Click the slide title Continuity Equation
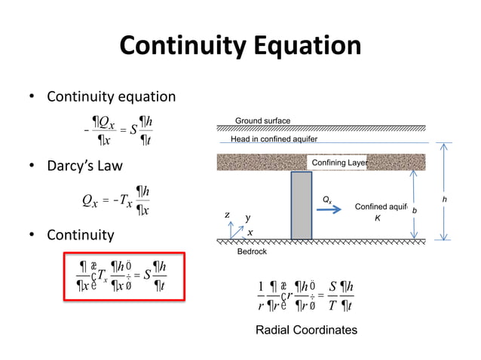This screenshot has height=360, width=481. [240, 47]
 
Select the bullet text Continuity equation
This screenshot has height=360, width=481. [111, 97]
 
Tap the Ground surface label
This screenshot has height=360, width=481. [262, 121]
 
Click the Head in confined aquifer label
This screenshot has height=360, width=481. [274, 139]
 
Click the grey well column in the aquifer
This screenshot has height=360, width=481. [301, 206]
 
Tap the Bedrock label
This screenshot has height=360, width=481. [252, 252]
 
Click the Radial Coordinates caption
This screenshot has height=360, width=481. [305, 330]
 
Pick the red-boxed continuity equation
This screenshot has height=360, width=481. [124, 276]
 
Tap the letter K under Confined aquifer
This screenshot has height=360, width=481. [378, 218]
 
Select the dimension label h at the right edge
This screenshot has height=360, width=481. [445, 200]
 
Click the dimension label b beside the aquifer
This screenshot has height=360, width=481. [413, 210]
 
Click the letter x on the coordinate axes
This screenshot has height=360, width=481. [250, 232]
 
